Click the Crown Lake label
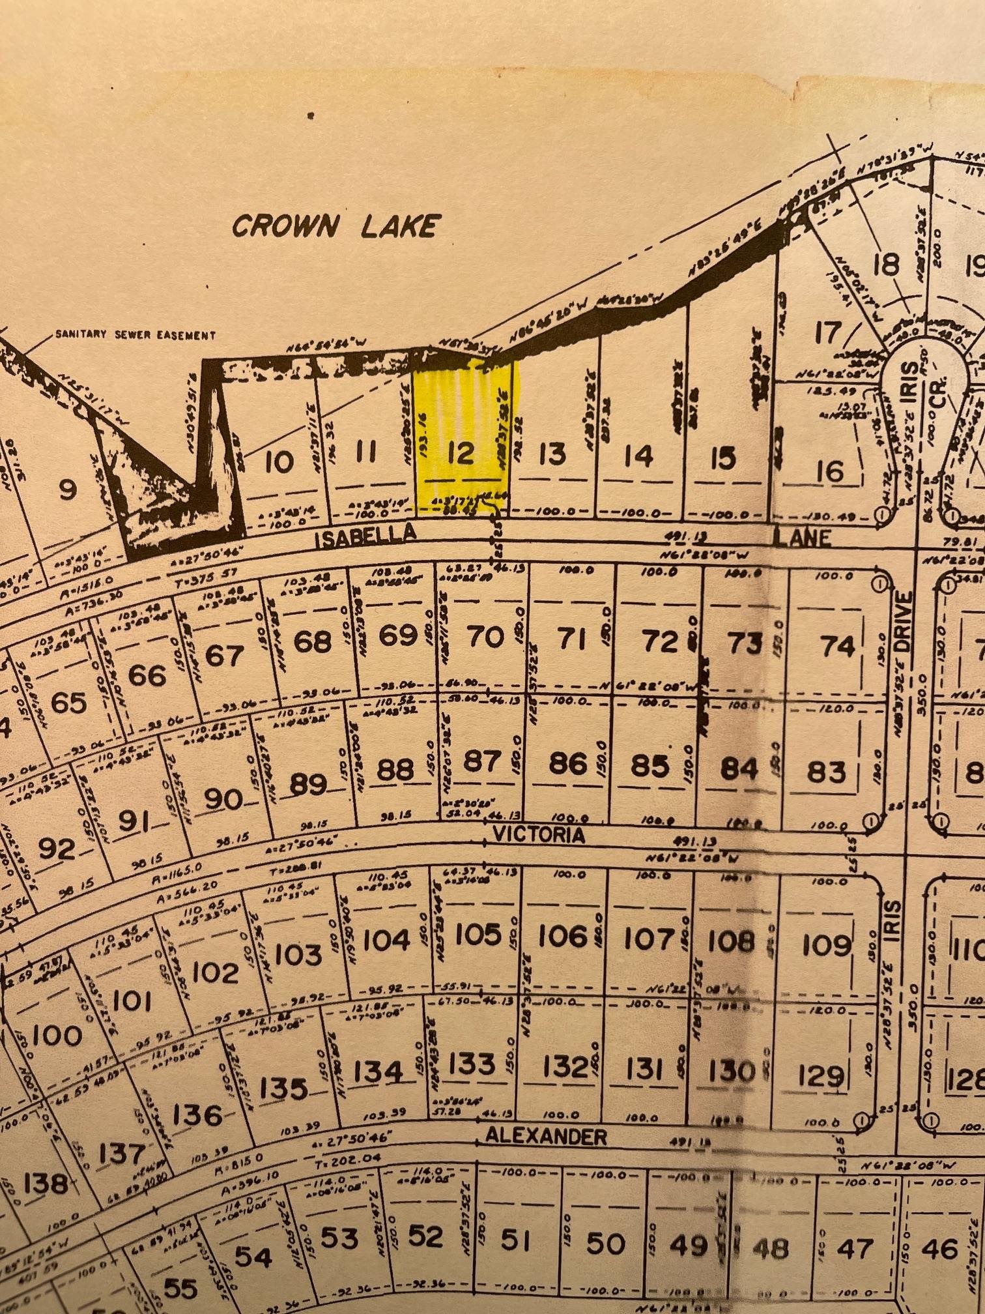coord(334,226)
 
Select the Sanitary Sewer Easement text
coord(135,335)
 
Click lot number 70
coord(486,637)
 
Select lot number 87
coord(482,761)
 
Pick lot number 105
coord(478,935)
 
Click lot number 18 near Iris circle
coord(886,265)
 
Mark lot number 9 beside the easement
coord(67,489)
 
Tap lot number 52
coord(425,1236)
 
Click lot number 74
coord(838,646)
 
